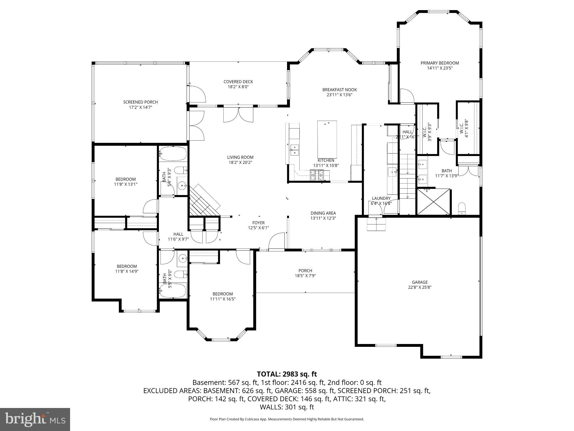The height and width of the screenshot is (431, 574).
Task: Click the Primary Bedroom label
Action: (x=439, y=63)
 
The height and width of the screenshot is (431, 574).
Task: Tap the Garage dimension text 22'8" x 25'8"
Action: (x=420, y=287)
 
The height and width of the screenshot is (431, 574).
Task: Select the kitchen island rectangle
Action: (x=327, y=139)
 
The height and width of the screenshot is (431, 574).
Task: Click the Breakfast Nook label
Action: (x=339, y=90)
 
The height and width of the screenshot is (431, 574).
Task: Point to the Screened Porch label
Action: (x=140, y=102)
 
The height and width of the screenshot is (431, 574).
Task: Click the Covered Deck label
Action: (x=238, y=82)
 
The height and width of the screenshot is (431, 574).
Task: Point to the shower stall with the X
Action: (x=433, y=201)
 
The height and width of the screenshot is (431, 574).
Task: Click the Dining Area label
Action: (x=323, y=213)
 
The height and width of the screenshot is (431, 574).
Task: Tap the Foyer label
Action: (x=258, y=223)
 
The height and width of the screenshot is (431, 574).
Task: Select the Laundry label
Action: (x=381, y=198)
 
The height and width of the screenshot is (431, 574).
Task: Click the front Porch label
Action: (x=305, y=271)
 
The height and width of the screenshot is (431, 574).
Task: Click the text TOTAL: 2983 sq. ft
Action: (x=287, y=374)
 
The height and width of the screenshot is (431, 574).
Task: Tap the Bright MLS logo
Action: (x=35, y=419)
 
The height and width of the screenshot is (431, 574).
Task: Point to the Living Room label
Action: (x=240, y=157)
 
